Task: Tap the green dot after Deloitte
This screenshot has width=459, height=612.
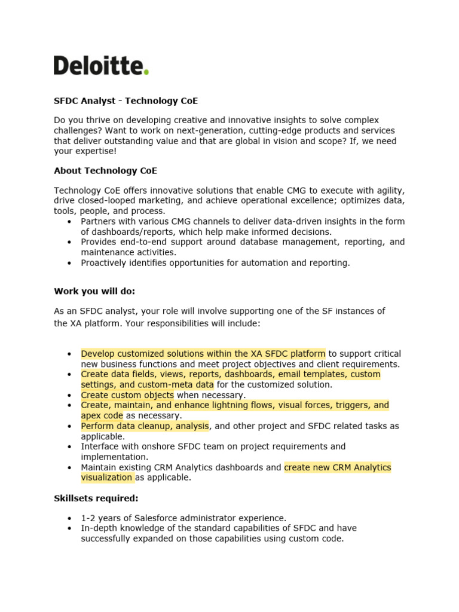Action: click(146, 72)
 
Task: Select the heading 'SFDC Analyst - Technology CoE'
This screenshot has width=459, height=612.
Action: click(126, 101)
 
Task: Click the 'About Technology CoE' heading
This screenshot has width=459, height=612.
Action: click(105, 170)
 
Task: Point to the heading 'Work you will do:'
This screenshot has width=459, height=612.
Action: click(94, 291)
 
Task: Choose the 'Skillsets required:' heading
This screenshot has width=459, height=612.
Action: click(97, 498)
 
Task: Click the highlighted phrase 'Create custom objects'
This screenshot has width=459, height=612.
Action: click(127, 395)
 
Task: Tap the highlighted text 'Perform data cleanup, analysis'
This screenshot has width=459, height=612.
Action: click(145, 426)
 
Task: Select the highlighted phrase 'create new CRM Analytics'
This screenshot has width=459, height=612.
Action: click(337, 467)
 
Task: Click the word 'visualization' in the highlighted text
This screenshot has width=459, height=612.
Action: click(106, 478)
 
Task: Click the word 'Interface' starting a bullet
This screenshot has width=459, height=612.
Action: click(99, 446)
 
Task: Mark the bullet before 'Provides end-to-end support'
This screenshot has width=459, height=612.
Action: click(70, 242)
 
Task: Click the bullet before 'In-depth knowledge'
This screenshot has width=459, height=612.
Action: click(70, 528)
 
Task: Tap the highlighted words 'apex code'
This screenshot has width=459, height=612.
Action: click(102, 415)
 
